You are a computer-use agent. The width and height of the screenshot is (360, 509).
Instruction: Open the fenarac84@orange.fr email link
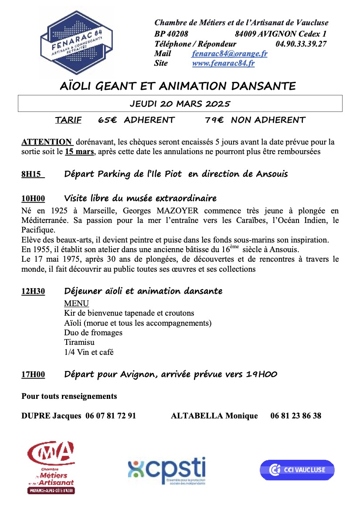[229, 54]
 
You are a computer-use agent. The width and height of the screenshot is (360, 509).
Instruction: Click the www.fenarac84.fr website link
[223, 63]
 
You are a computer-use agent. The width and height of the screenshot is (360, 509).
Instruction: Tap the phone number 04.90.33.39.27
[301, 44]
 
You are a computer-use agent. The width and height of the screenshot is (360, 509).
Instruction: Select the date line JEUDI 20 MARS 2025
[180, 104]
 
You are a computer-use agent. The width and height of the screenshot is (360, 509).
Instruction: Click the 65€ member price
[107, 120]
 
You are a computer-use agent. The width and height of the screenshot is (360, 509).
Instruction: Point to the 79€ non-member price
[214, 120]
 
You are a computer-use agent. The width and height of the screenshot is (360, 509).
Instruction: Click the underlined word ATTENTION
[47, 142]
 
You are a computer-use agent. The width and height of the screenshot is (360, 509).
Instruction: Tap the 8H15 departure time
[31, 175]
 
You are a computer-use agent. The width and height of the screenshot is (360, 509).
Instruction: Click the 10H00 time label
[33, 199]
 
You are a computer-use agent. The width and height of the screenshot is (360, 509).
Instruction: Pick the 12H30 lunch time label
[33, 291]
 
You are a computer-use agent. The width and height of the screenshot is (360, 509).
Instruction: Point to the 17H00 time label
[33, 374]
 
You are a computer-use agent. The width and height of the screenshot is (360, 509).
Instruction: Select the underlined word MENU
[76, 303]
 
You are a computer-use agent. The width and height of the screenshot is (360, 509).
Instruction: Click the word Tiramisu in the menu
[79, 342]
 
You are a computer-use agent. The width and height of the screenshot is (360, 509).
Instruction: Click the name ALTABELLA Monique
[214, 416]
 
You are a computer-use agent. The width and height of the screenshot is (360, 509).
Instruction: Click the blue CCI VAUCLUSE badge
[297, 470]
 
